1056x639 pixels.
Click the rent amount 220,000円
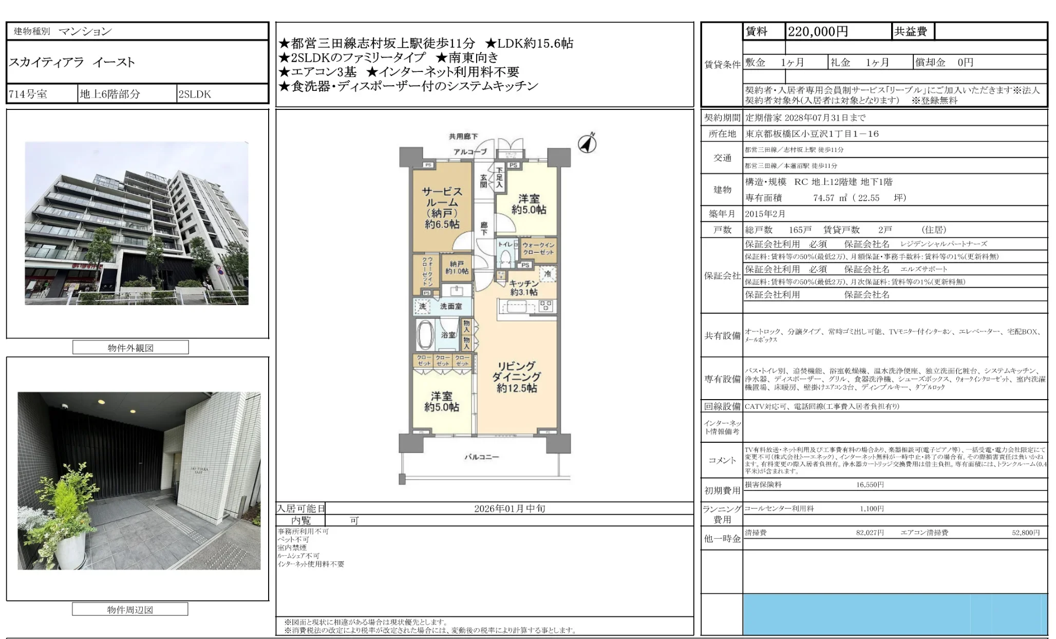818,32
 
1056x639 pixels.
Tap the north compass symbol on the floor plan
587,143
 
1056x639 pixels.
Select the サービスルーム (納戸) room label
442,208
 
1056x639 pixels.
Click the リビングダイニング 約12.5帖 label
517,377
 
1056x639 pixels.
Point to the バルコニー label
481,457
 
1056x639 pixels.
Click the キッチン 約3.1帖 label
524,288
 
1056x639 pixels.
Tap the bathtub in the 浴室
425,335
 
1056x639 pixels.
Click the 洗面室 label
450,306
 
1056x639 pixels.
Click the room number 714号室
28,94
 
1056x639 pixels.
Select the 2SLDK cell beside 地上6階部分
195,94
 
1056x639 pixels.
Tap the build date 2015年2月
765,214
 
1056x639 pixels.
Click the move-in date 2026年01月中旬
510,509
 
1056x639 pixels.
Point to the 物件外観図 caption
130,348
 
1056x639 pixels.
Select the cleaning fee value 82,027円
870,533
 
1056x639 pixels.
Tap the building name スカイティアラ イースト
72,62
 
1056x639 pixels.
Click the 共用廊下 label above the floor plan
463,136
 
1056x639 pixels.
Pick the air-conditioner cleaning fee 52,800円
1026,533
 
